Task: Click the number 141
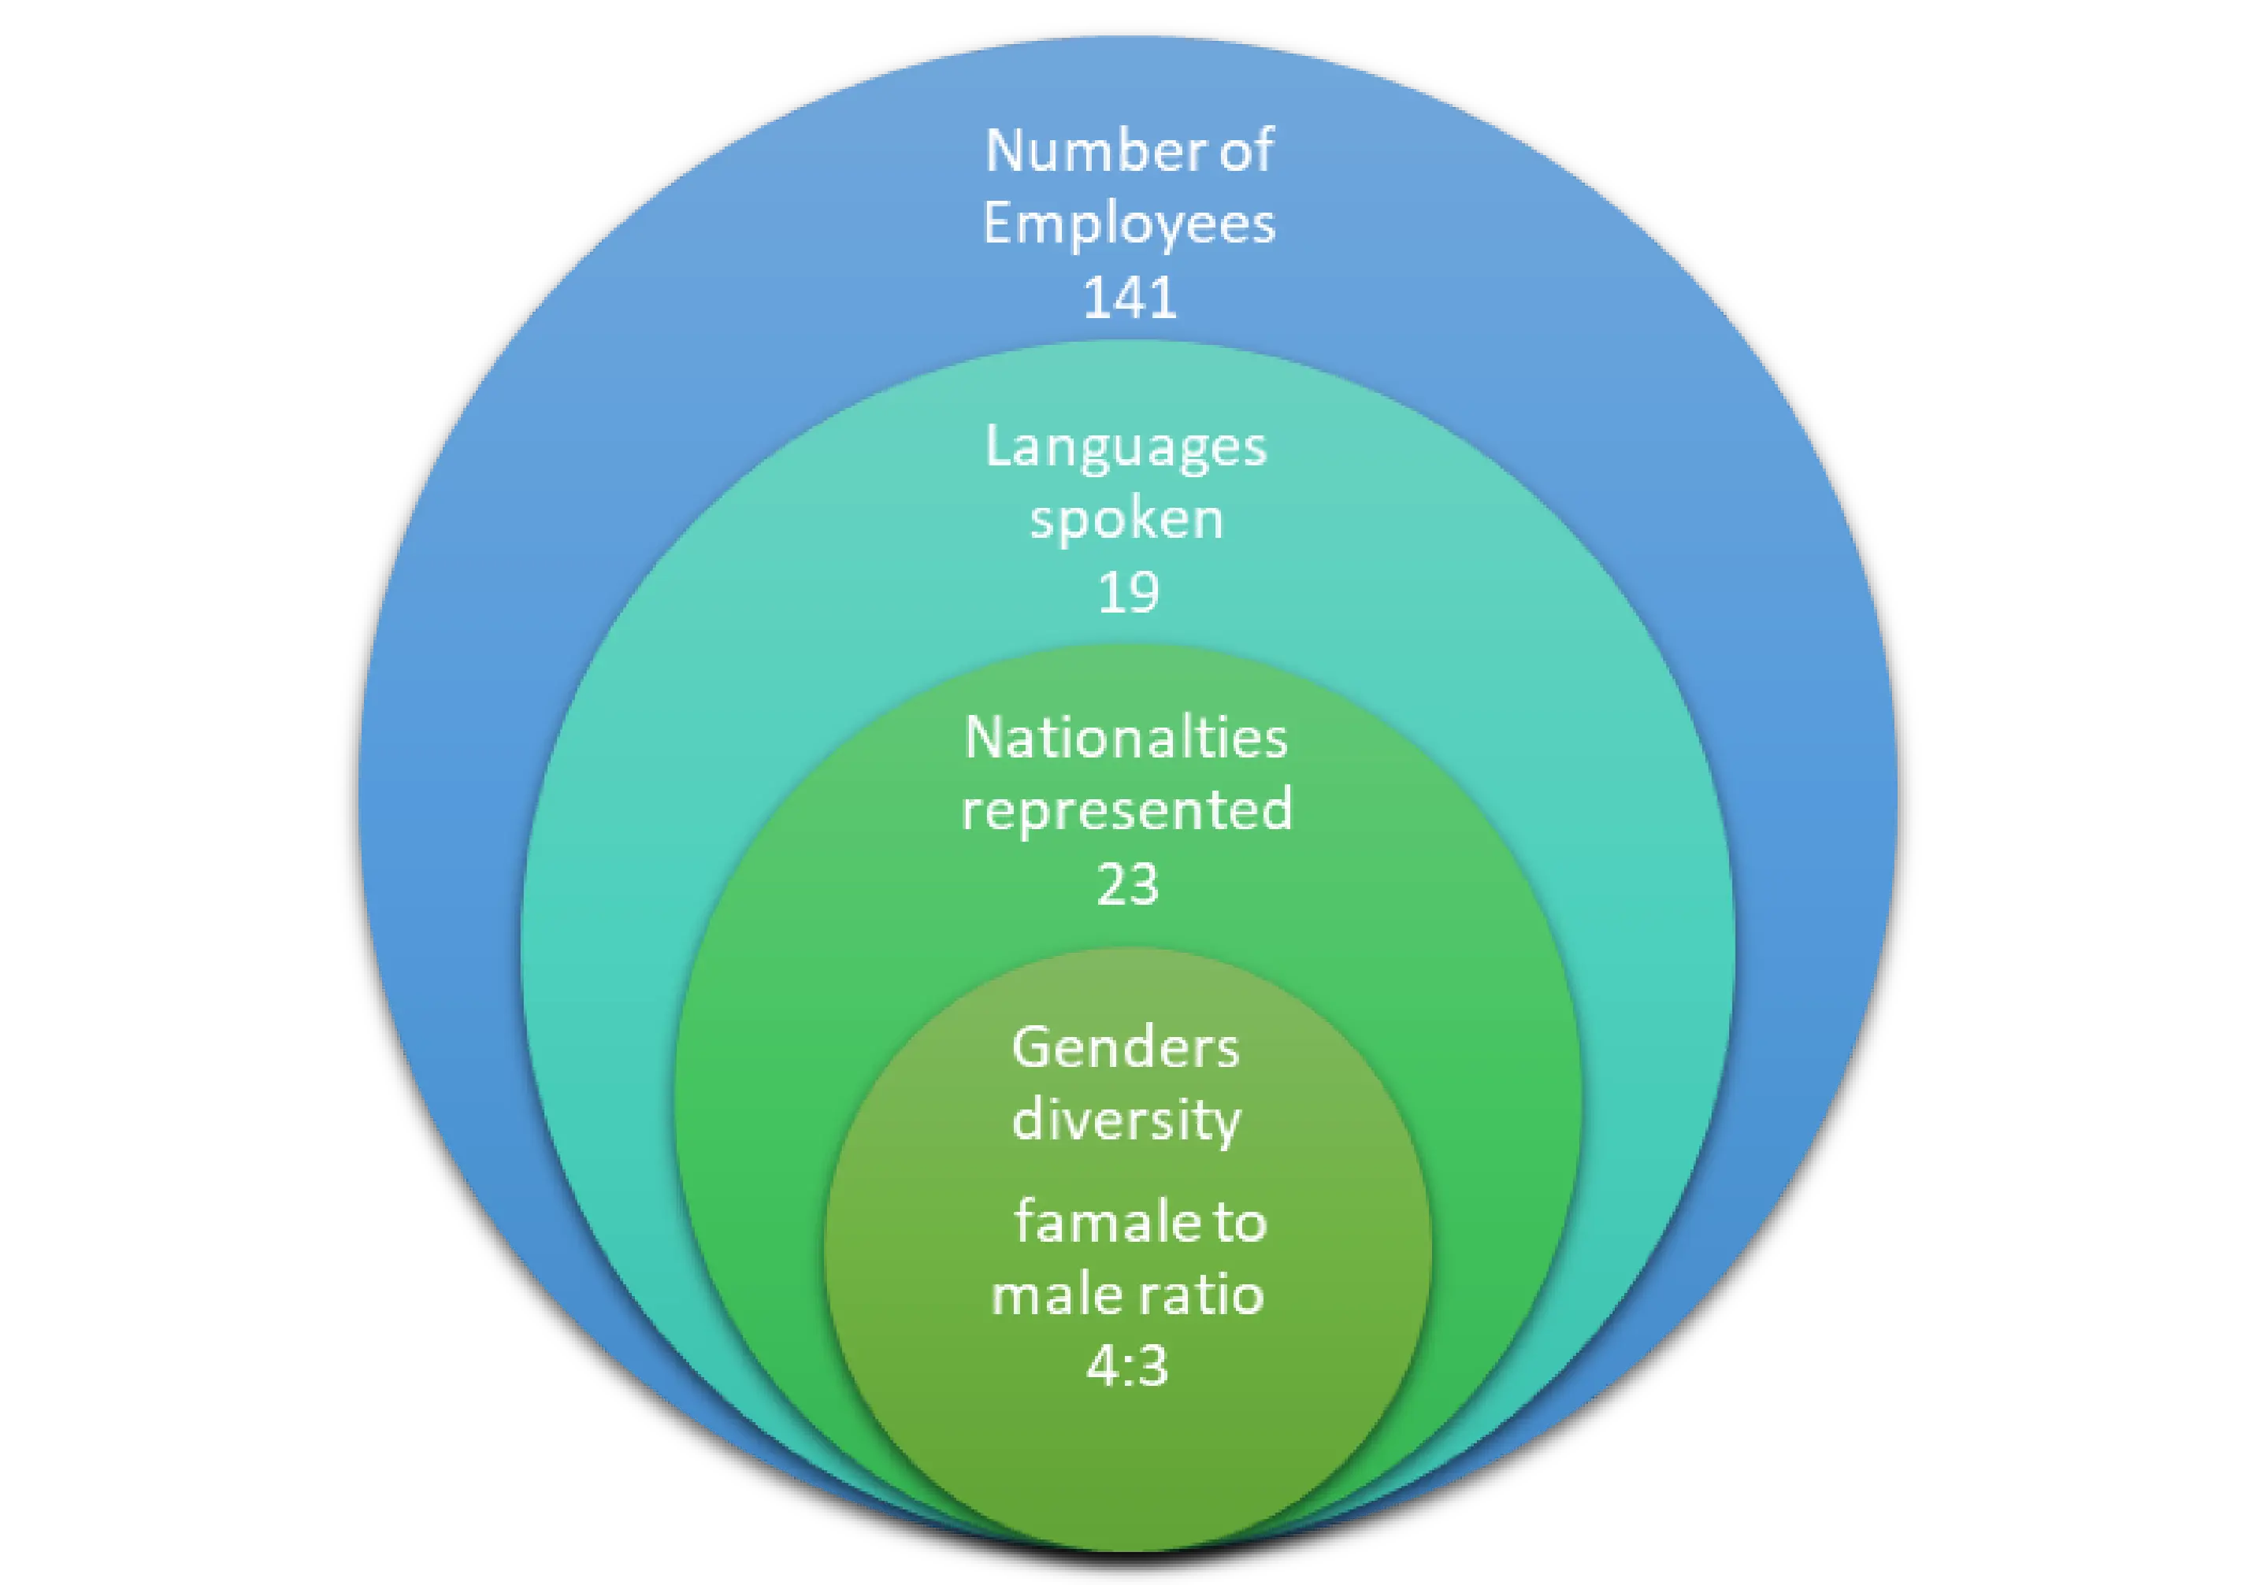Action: (1129, 297)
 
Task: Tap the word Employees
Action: (1129, 224)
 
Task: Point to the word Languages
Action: (1126, 449)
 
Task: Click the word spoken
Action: (1127, 520)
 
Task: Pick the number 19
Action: (1128, 592)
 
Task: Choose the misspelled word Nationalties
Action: (1126, 738)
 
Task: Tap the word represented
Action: (1127, 811)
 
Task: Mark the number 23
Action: (1128, 883)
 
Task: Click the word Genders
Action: (1126, 1048)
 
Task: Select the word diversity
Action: (1127, 1120)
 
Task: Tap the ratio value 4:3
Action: (1127, 1365)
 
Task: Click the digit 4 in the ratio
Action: (1100, 1365)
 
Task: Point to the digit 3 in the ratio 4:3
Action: (1152, 1365)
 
